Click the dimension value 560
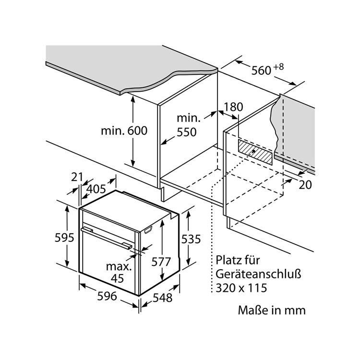pos(262,71)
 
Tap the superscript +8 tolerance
pos(279,66)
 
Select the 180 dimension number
pos(234,107)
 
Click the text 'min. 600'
pos(124,131)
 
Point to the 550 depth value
pos(186,132)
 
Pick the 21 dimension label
pos(77,177)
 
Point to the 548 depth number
pos(162,298)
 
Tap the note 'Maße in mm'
pos(272,310)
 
